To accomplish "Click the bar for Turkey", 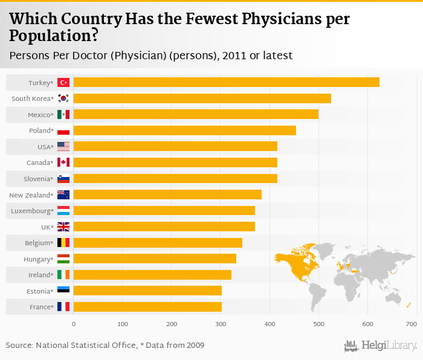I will (226, 82).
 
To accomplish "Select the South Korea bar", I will (202, 98).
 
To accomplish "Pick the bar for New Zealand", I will (167, 194).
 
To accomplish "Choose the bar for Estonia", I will (147, 291).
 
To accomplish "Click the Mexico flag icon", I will (63, 115).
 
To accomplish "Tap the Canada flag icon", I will (63, 162).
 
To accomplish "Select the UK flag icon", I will (63, 227).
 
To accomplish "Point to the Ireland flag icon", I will (63, 275).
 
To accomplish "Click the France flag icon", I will (63, 307).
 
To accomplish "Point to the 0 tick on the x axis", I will (74, 324).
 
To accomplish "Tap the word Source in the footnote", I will (19, 346).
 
